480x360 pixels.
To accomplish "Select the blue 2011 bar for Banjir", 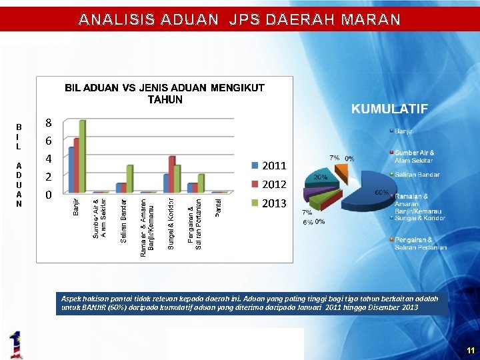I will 71,170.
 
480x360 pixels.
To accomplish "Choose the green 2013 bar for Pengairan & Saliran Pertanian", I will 201,184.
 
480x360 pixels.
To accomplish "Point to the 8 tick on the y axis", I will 48,123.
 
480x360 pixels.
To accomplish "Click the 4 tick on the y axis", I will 48,159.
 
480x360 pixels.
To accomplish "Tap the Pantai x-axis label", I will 219,206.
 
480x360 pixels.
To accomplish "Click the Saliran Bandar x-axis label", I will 124,219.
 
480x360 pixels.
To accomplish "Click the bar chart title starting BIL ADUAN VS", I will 164,93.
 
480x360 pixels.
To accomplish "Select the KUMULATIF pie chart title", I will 389,109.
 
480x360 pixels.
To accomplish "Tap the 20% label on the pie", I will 320,177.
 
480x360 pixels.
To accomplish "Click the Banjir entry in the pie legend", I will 403,131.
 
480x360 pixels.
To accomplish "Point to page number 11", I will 471,350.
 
